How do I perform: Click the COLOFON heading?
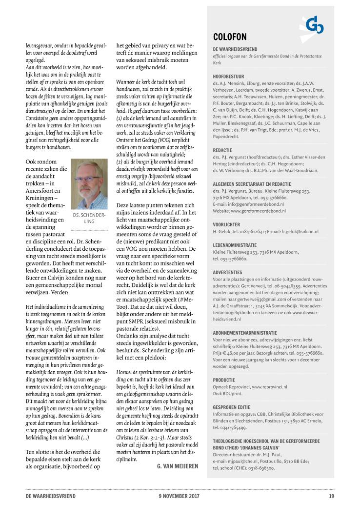(230, 37)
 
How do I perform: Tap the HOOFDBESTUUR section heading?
(229, 77)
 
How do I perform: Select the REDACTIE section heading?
(223, 150)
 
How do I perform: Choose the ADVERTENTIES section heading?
(227, 272)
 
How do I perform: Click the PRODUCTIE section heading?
(224, 380)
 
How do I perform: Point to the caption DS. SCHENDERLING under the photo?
(89, 218)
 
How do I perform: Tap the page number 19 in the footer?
(331, 496)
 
